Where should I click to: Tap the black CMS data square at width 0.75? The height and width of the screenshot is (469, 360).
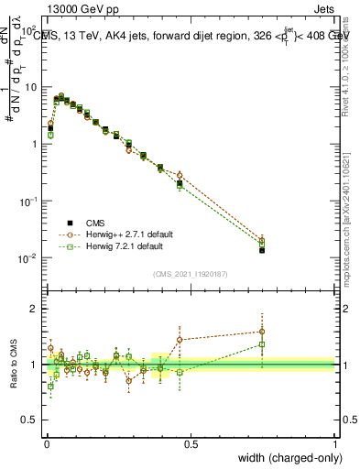[262, 249]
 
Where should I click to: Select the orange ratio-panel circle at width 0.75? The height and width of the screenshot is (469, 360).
[262, 332]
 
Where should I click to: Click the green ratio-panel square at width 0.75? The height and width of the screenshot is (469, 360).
[262, 344]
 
